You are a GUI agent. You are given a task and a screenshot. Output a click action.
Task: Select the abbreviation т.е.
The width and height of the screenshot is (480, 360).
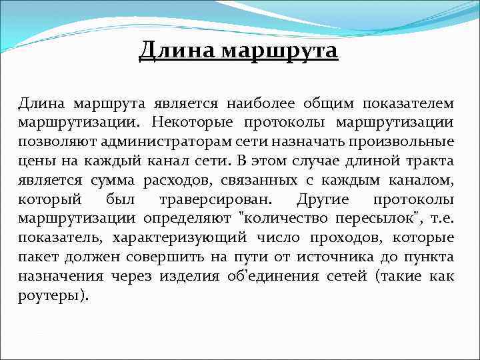click(442, 219)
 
